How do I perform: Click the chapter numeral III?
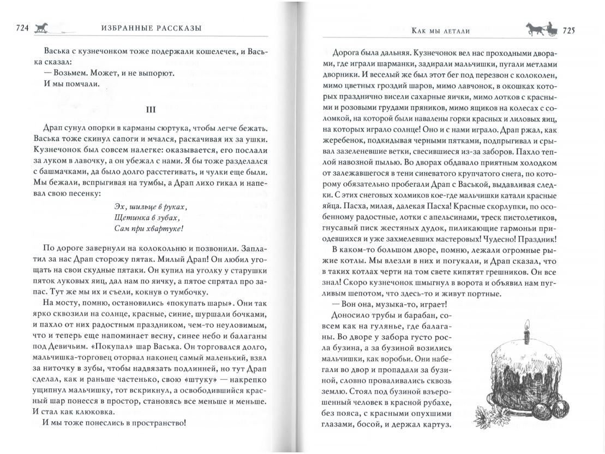coord(152,109)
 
